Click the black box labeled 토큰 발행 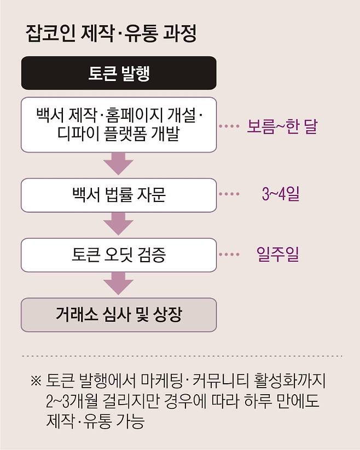119,73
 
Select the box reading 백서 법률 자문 119,194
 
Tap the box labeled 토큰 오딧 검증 119,255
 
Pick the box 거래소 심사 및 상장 119,315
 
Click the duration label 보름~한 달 282,127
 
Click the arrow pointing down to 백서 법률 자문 119,163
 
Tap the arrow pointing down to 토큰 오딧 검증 119,223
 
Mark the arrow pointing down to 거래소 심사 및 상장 119,284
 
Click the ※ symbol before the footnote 36,380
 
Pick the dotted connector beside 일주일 229,255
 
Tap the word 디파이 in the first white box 81,136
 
